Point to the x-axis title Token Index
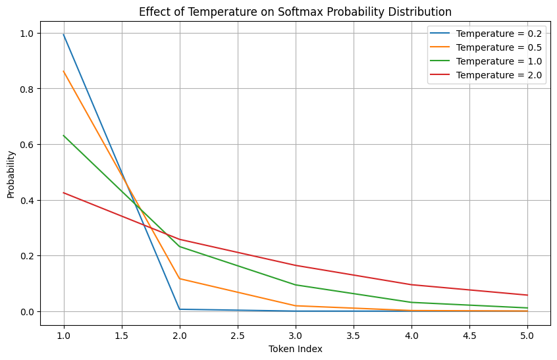(x=295, y=349)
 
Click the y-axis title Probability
(x=11, y=173)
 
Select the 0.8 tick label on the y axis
(x=26, y=89)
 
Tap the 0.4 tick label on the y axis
(x=26, y=200)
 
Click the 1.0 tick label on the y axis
(x=26, y=34)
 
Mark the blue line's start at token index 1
(x=64, y=35)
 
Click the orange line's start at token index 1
(x=64, y=71)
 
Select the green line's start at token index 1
(x=64, y=136)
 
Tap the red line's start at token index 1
(x=64, y=193)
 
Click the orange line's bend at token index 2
(x=180, y=278)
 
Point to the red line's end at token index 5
(x=527, y=295)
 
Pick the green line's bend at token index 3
(x=296, y=285)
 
